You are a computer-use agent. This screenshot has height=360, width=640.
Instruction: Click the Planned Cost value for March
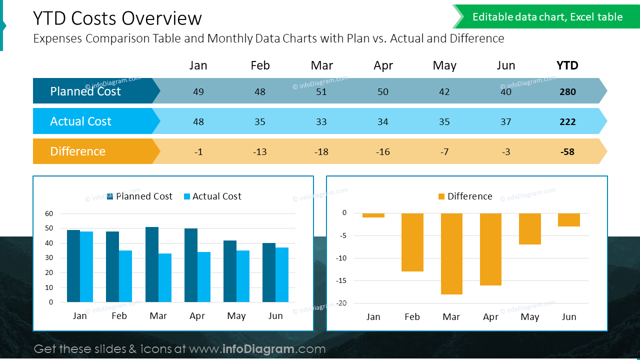(321, 91)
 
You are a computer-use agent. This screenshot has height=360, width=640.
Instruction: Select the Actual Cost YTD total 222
(567, 121)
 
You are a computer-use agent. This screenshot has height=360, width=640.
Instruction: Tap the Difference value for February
(259, 151)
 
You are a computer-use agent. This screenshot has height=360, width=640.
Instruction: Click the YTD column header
(567, 65)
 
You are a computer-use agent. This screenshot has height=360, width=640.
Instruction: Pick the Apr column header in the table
(383, 65)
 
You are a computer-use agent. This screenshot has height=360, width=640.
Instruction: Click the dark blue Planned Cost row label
(85, 91)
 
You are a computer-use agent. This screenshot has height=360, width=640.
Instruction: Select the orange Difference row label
(78, 151)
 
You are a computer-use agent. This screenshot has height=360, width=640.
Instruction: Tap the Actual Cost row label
(80, 121)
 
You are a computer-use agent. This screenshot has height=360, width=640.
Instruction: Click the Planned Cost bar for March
(152, 264)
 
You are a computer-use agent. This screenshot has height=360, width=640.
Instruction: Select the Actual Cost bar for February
(125, 276)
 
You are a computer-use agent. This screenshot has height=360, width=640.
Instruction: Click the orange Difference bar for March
(451, 253)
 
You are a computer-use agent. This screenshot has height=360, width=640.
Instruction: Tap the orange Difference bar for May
(530, 228)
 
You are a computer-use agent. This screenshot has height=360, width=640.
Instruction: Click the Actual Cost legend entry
(212, 196)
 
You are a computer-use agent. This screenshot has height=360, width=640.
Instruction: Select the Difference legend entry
(465, 196)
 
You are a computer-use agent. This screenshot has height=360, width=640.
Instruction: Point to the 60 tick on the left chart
(49, 213)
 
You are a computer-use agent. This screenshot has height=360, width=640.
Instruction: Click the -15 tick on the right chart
(341, 280)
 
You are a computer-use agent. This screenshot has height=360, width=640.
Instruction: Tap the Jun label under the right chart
(569, 317)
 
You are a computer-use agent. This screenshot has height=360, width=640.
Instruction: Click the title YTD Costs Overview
(117, 18)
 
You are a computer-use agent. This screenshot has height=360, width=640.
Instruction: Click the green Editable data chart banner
(547, 17)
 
